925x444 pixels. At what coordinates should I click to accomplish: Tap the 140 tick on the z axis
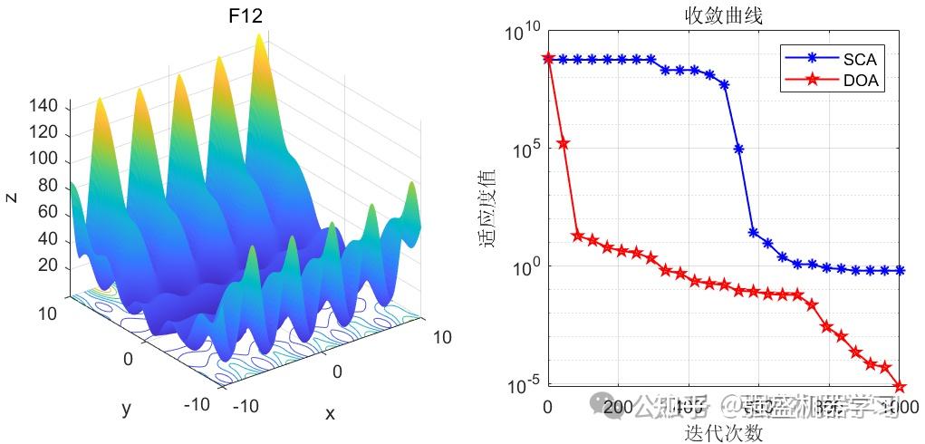[43, 107]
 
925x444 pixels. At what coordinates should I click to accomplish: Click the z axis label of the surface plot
[12, 197]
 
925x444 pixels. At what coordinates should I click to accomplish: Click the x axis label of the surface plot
[330, 414]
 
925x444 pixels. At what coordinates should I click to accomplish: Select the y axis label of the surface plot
[126, 409]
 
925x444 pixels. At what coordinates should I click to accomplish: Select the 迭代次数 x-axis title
[723, 432]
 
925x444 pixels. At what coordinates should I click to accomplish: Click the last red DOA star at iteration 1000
[900, 387]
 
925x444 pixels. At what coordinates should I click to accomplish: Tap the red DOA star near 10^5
[563, 143]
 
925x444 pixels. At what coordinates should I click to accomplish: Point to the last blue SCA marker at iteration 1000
[900, 270]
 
